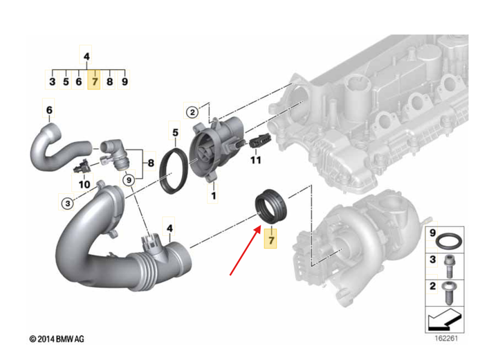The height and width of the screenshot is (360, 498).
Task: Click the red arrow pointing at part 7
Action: pos(246,250)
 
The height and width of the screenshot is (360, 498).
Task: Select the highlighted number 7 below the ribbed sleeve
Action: pos(271,240)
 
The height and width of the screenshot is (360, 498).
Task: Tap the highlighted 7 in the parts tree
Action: pos(94,82)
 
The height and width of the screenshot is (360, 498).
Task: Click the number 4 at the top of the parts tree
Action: pos(86,57)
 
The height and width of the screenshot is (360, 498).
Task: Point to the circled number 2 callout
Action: pos(192,112)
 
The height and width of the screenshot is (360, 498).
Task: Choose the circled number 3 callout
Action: pos(67,203)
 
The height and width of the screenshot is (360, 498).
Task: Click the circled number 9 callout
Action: pos(129,180)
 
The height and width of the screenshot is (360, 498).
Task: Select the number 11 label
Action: pos(256,160)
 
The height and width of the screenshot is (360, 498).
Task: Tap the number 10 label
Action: pos(84,184)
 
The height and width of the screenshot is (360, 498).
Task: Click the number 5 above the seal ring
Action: pos(175,133)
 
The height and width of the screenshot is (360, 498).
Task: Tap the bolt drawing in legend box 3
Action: pos(448,267)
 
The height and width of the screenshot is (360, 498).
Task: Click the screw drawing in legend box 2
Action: pos(448,293)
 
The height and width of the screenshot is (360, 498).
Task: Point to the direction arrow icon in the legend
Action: pos(445,321)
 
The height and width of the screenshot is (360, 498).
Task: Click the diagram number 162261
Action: pos(446,338)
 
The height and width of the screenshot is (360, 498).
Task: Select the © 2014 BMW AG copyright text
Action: pos(57,339)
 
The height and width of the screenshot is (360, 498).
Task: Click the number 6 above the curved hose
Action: pos(49,110)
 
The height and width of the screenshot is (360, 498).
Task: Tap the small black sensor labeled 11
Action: pos(260,141)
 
